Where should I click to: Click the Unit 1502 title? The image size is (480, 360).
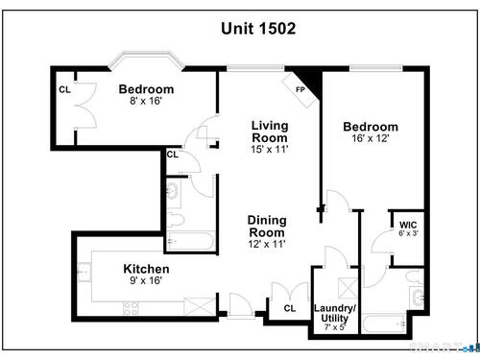click(258, 29)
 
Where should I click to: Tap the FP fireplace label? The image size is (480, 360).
click(300, 90)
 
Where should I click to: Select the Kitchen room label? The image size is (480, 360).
click(146, 269)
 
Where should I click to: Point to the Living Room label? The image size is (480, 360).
click(270, 132)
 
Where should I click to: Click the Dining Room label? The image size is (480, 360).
click(267, 227)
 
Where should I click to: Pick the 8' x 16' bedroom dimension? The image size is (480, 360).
click(146, 101)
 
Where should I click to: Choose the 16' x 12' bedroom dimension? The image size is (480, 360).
click(371, 138)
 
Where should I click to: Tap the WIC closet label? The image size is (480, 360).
click(408, 225)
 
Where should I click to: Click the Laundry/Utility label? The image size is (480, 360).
click(335, 313)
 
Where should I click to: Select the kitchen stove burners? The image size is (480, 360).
click(132, 308)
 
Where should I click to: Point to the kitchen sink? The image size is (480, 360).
click(84, 272)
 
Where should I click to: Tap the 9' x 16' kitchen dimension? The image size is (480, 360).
click(146, 280)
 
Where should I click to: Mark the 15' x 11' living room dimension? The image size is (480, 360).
click(270, 150)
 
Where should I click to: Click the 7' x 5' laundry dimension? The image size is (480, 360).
click(335, 327)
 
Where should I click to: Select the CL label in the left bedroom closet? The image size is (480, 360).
click(64, 90)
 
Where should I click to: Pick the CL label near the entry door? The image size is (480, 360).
click(290, 308)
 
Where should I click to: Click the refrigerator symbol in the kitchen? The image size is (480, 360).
click(200, 306)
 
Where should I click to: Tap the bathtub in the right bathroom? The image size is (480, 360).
click(384, 324)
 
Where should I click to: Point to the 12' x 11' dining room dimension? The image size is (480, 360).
click(267, 244)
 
